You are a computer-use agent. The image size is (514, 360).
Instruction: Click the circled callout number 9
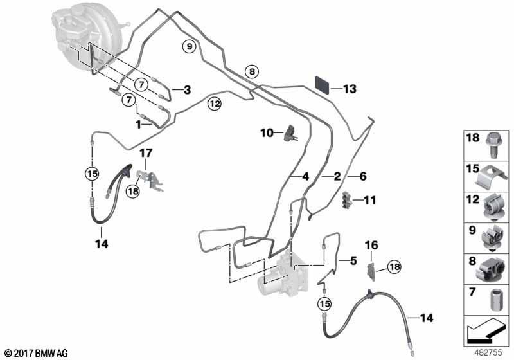click(188, 46)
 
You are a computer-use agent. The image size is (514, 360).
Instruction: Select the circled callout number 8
click(252, 71)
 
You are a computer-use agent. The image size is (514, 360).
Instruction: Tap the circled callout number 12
click(214, 102)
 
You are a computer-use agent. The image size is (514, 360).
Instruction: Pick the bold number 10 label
click(267, 133)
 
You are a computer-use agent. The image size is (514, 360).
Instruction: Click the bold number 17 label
click(146, 153)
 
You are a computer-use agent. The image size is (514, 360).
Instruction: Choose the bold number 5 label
click(353, 260)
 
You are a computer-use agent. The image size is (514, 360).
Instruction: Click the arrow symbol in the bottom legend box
click(486, 338)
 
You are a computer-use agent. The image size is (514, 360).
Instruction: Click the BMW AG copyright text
click(36, 352)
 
